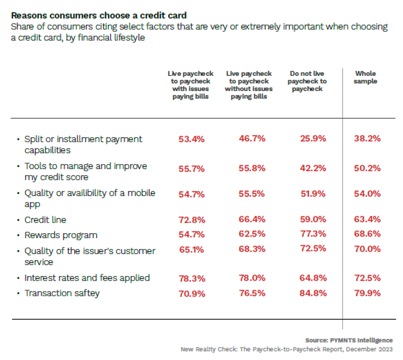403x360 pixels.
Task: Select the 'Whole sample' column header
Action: click(x=365, y=78)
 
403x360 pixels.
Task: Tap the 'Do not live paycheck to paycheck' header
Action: click(x=307, y=81)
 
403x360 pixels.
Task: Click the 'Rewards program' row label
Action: click(x=61, y=235)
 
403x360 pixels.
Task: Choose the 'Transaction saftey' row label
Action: click(x=62, y=293)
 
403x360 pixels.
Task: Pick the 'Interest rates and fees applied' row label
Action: click(x=87, y=278)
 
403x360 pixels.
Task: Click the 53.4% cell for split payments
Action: click(x=191, y=139)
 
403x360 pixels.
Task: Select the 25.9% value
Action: click(x=313, y=139)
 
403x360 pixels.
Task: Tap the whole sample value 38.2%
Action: click(x=367, y=139)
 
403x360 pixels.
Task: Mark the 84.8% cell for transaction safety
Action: click(x=313, y=293)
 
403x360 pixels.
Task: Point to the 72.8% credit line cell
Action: click(x=191, y=220)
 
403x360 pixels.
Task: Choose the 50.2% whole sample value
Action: click(x=367, y=169)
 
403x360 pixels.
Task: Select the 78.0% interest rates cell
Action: click(x=252, y=278)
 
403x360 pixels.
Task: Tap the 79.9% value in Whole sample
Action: click(x=367, y=293)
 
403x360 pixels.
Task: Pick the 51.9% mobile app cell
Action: click(x=313, y=193)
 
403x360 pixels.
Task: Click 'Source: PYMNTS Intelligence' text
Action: click(x=349, y=340)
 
